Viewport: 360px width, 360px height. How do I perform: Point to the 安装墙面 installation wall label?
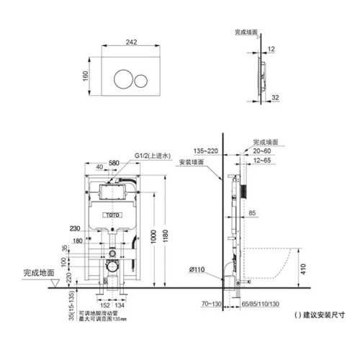click(x=189, y=162)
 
